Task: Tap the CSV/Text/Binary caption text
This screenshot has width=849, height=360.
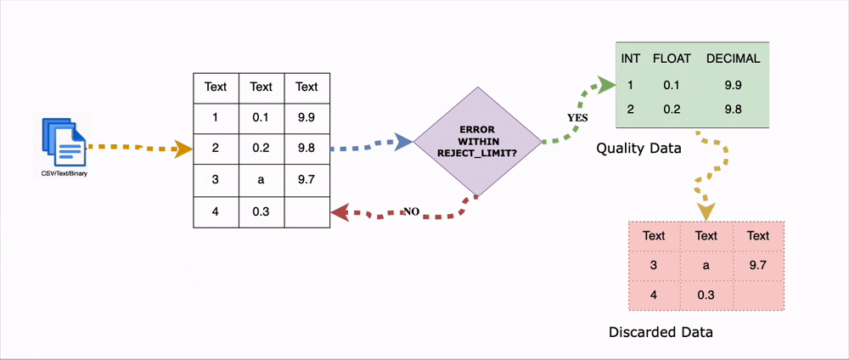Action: click(65, 174)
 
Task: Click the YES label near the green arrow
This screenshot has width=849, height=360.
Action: click(577, 118)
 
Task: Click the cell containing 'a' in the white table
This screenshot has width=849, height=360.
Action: click(261, 180)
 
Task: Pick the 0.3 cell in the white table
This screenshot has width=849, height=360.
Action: click(261, 212)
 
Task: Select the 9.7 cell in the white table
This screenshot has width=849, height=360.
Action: click(306, 180)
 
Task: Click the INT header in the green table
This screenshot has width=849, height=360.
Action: click(631, 59)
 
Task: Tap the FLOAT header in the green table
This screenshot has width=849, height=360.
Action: click(673, 59)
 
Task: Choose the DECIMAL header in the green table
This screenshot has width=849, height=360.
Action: click(733, 59)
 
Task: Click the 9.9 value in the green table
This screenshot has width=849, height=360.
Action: click(733, 85)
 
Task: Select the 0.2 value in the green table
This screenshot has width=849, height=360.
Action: click(673, 110)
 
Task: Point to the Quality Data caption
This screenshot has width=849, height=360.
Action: click(638, 149)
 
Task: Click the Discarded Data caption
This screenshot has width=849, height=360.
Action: click(661, 332)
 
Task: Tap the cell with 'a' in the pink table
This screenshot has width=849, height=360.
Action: click(706, 266)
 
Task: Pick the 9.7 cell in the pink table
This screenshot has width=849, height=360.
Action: click(758, 266)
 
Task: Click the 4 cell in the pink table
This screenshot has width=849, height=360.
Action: click(654, 295)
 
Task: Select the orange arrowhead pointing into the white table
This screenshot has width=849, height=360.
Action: click(183, 150)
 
